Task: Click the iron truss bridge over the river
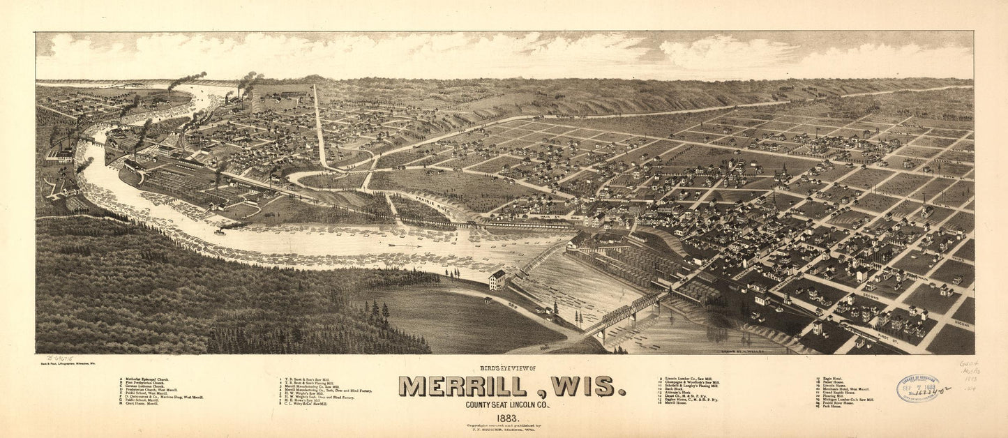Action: (621, 315)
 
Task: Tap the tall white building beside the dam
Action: (497, 280)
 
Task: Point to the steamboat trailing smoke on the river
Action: (222, 229)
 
